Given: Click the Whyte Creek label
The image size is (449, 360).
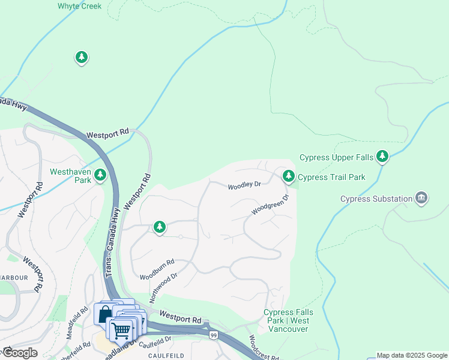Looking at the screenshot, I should [79, 6].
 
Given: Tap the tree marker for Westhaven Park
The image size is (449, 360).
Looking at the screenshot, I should [101, 175].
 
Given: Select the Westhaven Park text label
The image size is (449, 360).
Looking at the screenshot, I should [70, 175].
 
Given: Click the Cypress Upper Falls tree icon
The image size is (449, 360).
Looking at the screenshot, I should [382, 157].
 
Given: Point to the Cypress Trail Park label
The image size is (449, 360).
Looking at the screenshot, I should [331, 177].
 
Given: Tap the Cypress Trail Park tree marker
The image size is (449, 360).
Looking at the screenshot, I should [289, 176].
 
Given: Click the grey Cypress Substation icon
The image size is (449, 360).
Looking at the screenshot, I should [422, 199].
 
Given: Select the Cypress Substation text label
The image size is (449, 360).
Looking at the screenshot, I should [376, 199].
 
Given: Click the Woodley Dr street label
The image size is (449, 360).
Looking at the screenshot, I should [244, 186].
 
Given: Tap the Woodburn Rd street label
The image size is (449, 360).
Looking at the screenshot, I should [157, 270].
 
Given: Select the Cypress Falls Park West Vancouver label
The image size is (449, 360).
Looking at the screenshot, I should [287, 320].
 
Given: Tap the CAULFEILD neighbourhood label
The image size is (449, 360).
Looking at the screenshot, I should [181, 355].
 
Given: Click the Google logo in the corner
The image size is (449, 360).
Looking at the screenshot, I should [20, 353].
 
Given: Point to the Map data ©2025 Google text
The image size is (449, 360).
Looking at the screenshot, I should [412, 355].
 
